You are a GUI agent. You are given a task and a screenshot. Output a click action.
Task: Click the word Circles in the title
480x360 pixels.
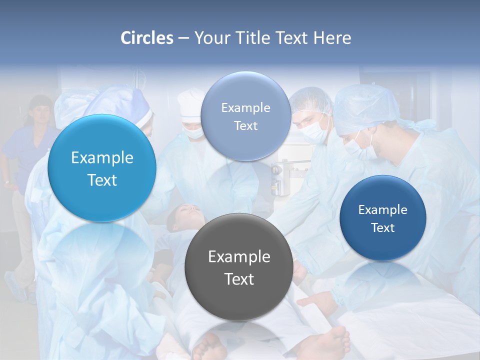pos(146,38)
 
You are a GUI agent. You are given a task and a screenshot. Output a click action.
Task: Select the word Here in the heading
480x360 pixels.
pos(332,38)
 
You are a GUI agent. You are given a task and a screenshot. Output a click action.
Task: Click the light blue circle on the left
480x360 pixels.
pos(102,168)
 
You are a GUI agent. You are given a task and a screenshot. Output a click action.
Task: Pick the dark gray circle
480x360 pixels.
pos(238,266)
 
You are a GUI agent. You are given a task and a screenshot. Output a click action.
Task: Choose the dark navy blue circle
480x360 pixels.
pos(382,218)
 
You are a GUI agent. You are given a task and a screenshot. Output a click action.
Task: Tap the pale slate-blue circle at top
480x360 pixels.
pos(245,116)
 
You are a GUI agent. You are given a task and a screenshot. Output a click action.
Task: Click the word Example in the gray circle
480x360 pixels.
pos(239,257)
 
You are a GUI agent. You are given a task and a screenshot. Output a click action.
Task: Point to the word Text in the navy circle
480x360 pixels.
pos(383,228)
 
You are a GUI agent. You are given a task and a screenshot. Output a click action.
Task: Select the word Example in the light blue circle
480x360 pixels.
pos(102,158)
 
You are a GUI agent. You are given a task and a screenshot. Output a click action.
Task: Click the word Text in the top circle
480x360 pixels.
pos(245,126)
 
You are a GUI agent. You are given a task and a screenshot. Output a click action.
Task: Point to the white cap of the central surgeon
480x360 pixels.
pos(190,102)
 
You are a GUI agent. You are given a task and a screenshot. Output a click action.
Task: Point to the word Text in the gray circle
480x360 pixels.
pos(239,279)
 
